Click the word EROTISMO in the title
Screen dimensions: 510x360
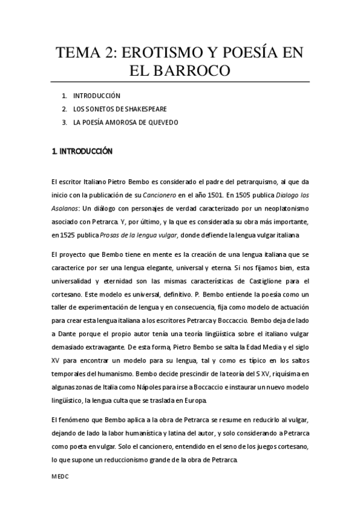pos(160,53)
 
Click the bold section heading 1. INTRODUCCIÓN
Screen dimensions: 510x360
pos(82,152)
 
